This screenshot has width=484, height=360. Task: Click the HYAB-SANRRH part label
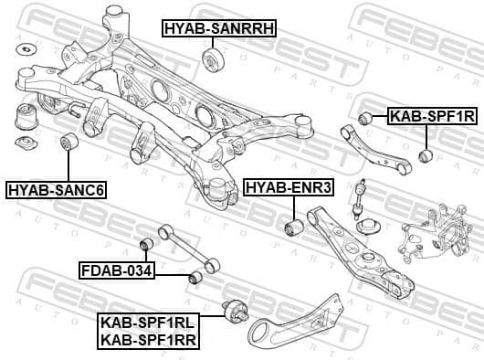[218, 28]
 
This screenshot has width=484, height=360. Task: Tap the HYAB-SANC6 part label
[57, 190]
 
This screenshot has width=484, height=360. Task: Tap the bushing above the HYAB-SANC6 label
[68, 143]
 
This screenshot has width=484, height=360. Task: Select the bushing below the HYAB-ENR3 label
[293, 225]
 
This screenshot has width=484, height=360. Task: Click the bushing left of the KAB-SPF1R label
[365, 117]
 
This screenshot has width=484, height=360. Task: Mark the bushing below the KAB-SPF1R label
[425, 156]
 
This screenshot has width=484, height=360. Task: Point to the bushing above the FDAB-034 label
[143, 244]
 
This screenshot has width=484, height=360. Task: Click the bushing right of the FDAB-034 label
[194, 277]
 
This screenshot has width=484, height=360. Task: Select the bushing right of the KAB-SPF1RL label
[235, 312]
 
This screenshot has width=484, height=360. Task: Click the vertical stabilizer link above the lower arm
[362, 196]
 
